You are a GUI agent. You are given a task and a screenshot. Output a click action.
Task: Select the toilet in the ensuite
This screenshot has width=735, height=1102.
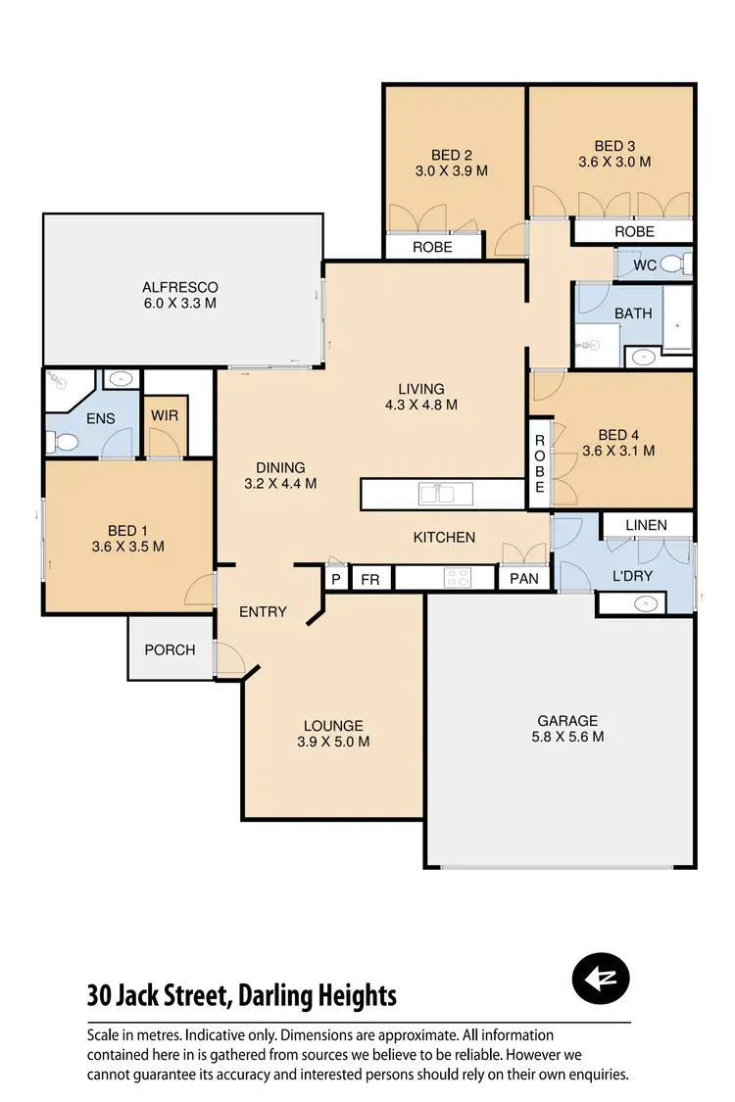65,443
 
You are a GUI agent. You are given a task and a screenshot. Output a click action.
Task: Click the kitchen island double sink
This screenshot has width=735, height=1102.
437,494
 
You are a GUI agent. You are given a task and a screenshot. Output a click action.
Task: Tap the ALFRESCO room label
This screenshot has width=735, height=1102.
179,295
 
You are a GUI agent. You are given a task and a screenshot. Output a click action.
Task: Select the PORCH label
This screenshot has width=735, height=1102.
170,649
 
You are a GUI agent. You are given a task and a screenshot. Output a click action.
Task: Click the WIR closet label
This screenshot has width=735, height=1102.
164,415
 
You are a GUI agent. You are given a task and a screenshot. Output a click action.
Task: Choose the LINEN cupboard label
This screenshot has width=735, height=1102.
645,525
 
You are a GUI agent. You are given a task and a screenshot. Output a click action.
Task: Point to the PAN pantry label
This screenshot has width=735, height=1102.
524,578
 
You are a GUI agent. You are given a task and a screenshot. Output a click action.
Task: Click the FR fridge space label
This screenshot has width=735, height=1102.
369,579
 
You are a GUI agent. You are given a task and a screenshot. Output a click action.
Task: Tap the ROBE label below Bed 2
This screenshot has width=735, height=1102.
432,247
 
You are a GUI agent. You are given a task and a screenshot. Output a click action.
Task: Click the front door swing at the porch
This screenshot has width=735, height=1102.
230,658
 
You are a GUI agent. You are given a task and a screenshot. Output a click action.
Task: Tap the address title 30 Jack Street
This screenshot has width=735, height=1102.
241,996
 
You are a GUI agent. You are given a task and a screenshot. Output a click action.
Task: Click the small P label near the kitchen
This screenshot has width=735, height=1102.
335,579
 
